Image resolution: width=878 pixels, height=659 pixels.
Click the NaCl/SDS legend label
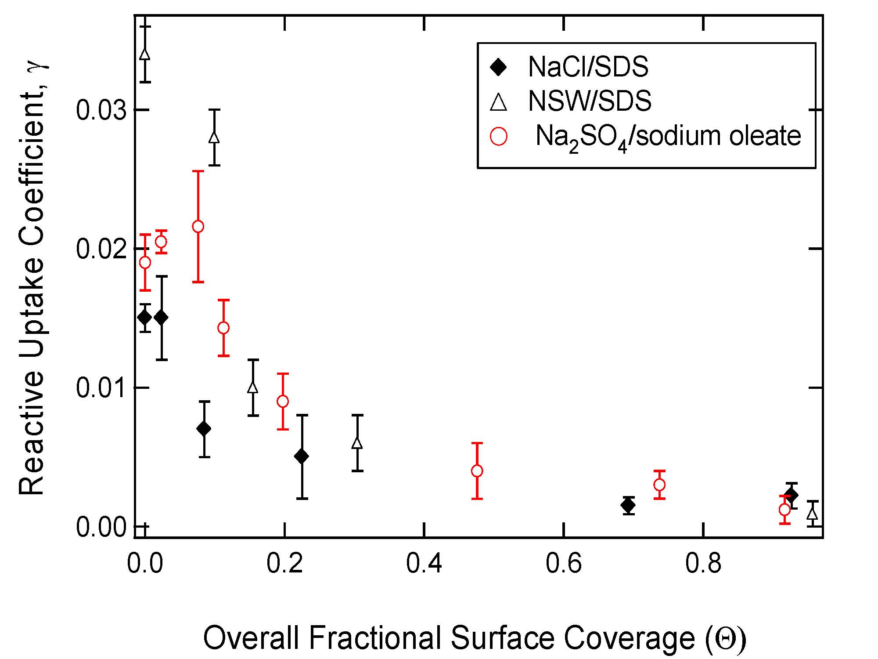pyautogui.click(x=588, y=67)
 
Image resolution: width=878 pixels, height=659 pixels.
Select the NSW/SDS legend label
pyautogui.click(x=590, y=101)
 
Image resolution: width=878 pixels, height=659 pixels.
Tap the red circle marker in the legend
pyautogui.click(x=499, y=136)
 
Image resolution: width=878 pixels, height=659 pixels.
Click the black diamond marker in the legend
pyautogui.click(x=499, y=68)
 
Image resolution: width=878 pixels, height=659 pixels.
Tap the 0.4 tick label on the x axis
pyautogui.click(x=424, y=564)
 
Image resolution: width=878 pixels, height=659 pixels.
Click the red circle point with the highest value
pyautogui.click(x=198, y=226)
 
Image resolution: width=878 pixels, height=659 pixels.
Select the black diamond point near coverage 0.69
pyautogui.click(x=628, y=505)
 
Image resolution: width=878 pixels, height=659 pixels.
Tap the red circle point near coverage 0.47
pyautogui.click(x=477, y=471)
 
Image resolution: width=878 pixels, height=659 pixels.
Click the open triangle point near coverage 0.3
pyautogui.click(x=358, y=443)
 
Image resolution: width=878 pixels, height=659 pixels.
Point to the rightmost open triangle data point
pyautogui.click(x=813, y=513)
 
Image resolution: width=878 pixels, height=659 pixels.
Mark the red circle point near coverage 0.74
pyautogui.click(x=659, y=485)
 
